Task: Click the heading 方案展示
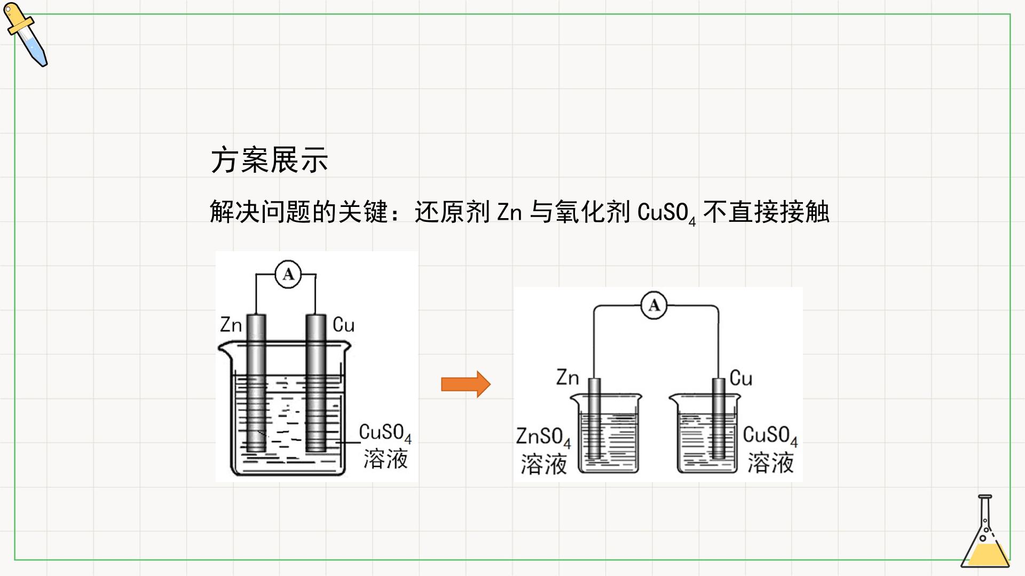point(269,160)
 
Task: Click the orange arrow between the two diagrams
point(466,384)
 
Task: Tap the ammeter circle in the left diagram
point(288,275)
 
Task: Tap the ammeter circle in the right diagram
point(654,306)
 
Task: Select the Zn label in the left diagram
point(231,324)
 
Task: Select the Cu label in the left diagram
point(343,324)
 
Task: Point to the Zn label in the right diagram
point(567,378)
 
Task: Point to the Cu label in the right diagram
point(741,378)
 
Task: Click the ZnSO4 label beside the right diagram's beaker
point(543,437)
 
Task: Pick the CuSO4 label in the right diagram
point(770,436)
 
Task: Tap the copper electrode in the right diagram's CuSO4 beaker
point(719,418)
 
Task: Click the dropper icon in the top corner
point(26,35)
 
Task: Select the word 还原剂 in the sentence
point(452,212)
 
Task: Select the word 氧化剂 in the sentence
point(592,212)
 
